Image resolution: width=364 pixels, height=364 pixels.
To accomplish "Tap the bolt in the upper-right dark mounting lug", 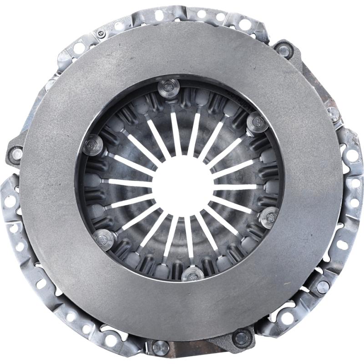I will coord(284,51).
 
